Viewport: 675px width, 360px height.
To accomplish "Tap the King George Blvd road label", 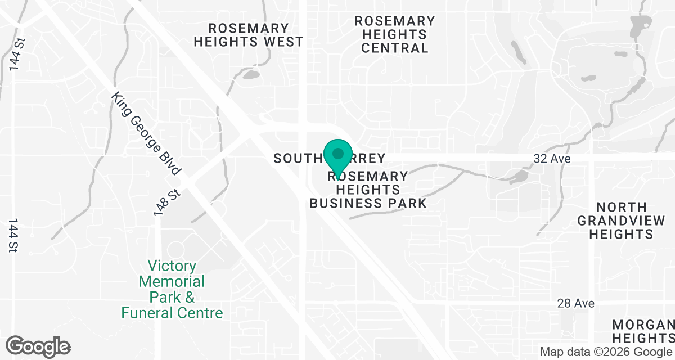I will click(x=146, y=134).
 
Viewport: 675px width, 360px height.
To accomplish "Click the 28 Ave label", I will click(x=575, y=303).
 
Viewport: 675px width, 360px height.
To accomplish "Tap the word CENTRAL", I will click(x=394, y=48).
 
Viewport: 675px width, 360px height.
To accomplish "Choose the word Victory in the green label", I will click(x=172, y=265).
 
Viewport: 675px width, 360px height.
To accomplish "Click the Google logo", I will click(x=38, y=346).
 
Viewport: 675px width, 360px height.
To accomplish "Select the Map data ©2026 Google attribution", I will click(x=606, y=352).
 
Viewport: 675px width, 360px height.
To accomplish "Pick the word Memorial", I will click(x=172, y=281).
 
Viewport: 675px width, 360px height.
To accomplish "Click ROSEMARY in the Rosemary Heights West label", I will click(x=248, y=28).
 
